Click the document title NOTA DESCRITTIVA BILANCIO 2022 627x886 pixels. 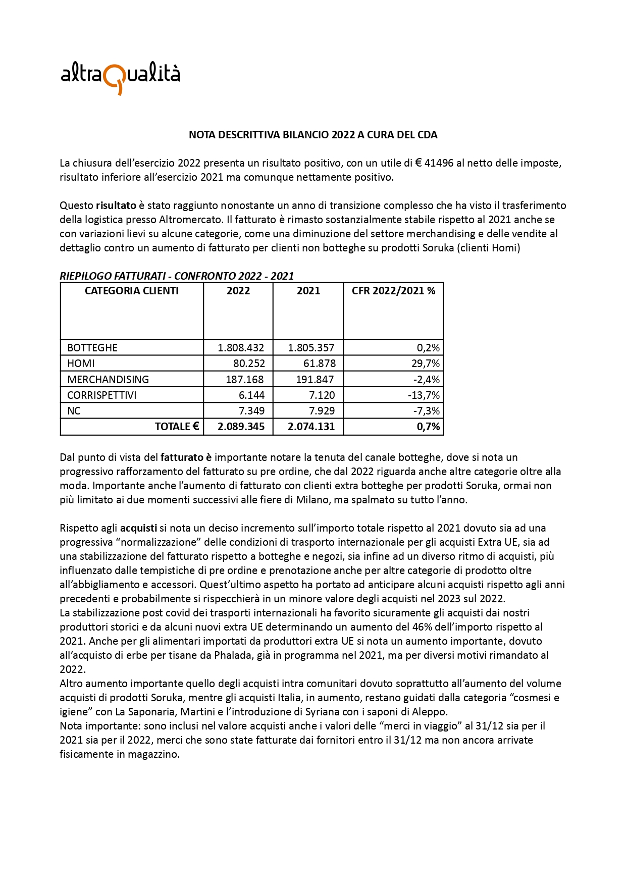[313, 135]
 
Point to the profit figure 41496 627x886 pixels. [439, 163]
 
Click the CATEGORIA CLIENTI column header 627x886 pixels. [132, 291]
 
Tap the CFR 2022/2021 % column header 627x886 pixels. [393, 291]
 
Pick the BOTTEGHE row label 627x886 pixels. [92, 348]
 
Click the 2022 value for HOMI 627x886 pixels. [249, 363]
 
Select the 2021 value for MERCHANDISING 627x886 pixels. [315, 380]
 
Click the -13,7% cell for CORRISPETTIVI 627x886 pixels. [424, 395]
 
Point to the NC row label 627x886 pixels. [74, 411]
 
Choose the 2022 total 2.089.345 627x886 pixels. [241, 427]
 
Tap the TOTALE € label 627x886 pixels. [177, 427]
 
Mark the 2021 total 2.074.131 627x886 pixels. [311, 427]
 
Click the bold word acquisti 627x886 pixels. [138, 528]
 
